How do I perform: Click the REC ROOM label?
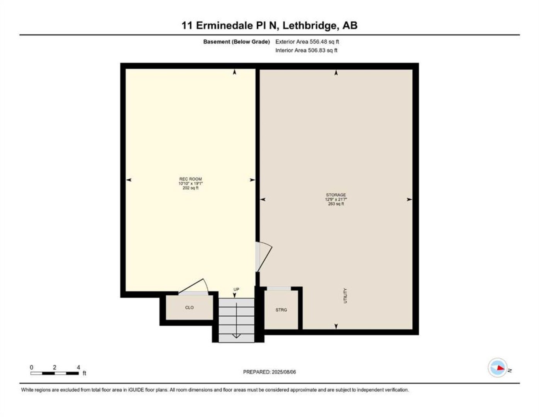click(x=190, y=179)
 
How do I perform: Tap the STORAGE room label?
click(x=336, y=195)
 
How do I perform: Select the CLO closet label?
click(x=189, y=307)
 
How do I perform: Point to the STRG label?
click(x=281, y=310)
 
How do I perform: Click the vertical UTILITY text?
click(x=345, y=296)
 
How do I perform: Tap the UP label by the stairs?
click(x=236, y=290)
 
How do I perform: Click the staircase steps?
click(x=236, y=320)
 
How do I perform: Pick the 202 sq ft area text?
click(x=190, y=188)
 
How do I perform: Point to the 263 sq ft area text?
click(x=336, y=203)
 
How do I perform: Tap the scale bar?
click(x=54, y=373)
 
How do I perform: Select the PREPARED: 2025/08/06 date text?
click(x=269, y=372)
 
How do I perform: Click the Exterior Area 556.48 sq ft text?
click(x=307, y=42)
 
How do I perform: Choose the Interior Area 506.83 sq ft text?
click(x=306, y=50)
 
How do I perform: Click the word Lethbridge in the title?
click(x=311, y=25)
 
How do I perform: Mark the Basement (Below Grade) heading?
click(x=236, y=42)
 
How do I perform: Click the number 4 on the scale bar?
click(x=78, y=367)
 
